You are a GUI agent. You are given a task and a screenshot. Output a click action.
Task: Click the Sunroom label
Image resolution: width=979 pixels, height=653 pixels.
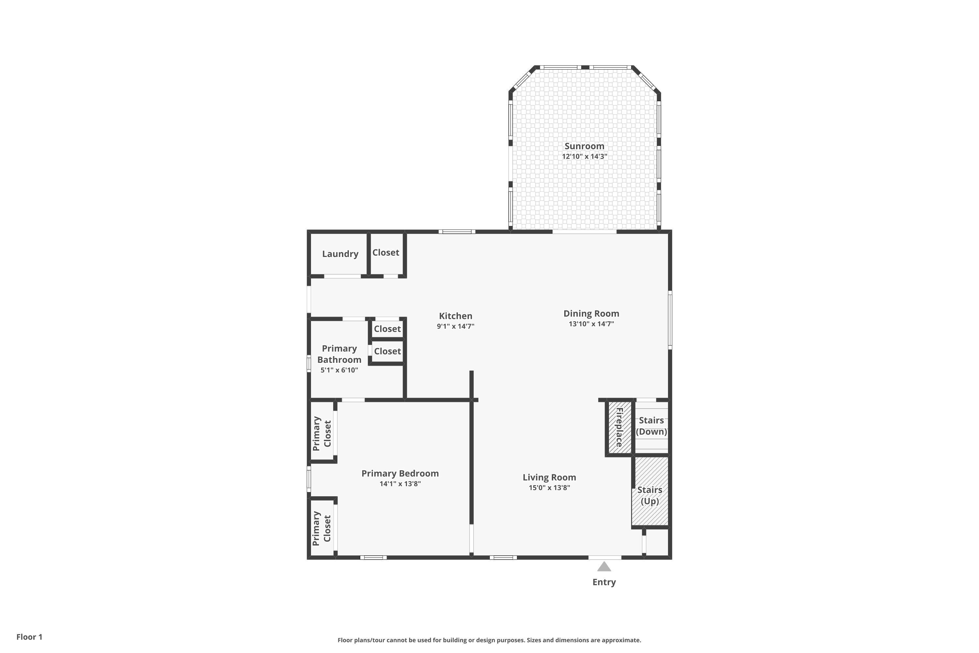point(584,146)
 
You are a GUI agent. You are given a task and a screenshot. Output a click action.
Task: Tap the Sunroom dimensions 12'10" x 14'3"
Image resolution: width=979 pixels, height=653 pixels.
point(584,157)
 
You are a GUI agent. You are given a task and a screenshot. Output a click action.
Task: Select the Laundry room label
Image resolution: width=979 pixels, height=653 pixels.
point(340,254)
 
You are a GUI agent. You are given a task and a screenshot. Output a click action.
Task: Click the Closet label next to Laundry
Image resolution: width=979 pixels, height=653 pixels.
point(385,252)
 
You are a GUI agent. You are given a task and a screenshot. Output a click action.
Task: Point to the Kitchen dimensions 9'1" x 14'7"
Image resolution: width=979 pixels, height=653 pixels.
point(455,326)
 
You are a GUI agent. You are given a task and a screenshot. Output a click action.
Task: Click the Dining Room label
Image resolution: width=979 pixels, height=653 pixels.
point(591,313)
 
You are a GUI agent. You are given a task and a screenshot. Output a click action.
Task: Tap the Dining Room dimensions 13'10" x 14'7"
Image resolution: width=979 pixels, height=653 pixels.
point(591,324)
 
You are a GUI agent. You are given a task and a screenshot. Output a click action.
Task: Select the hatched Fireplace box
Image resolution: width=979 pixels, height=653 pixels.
point(619,427)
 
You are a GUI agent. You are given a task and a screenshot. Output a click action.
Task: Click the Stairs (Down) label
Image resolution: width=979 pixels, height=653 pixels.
point(651,426)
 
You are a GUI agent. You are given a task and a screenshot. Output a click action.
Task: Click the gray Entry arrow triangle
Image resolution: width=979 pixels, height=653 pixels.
point(604,567)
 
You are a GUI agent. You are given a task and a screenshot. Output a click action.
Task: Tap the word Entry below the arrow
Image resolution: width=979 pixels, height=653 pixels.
point(604,582)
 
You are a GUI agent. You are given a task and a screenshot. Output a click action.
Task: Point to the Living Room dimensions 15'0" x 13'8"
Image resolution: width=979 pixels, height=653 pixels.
point(549,488)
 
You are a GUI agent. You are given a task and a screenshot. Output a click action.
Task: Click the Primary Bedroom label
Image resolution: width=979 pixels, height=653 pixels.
point(399,473)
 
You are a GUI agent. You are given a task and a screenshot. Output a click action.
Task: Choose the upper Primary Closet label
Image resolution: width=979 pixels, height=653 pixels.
point(322,433)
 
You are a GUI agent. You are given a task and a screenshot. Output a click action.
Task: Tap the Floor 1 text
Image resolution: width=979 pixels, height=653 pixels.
point(29,637)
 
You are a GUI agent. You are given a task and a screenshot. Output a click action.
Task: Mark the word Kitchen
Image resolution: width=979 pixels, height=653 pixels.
point(455,316)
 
